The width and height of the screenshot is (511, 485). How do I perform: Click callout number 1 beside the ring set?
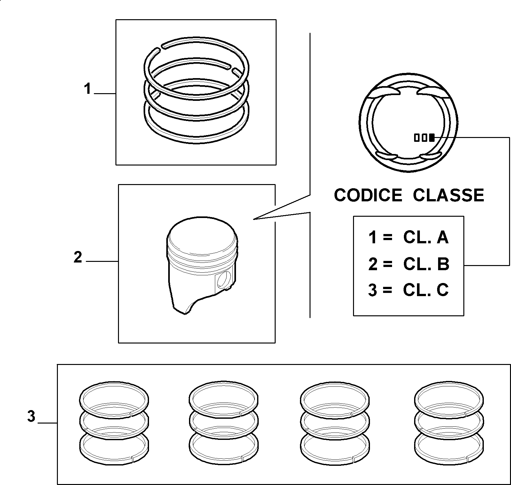point(88,89)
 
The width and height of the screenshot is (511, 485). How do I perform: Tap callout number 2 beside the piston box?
point(78,257)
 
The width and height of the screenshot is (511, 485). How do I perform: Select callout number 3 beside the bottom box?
point(31,417)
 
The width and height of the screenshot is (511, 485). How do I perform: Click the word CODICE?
point(368,195)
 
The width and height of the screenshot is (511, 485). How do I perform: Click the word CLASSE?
point(449,195)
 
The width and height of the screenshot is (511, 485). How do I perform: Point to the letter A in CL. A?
point(443,238)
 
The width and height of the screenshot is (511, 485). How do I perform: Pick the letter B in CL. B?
point(443,264)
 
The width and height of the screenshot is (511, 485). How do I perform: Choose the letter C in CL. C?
point(443,290)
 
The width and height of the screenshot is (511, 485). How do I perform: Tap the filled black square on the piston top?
point(432,138)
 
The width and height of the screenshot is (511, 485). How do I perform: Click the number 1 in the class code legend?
point(373,238)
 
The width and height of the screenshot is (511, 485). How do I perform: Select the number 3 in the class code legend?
point(373,290)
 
